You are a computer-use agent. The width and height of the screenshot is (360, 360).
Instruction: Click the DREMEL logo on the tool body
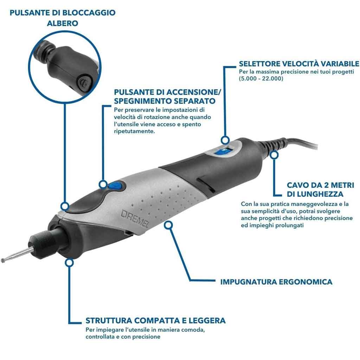click(x=135, y=218)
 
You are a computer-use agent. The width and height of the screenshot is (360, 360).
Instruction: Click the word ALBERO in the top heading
click(x=63, y=23)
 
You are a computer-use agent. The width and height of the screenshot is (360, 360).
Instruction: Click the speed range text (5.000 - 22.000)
click(x=261, y=78)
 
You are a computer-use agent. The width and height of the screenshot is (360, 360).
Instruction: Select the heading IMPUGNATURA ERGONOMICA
click(x=276, y=282)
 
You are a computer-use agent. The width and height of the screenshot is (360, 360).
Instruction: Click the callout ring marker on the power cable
click(x=274, y=155)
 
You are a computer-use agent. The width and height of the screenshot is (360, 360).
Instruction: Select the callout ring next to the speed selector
click(x=225, y=140)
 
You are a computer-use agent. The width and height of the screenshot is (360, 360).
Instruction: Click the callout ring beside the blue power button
click(x=103, y=184)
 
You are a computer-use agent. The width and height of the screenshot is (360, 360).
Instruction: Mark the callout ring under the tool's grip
click(x=168, y=225)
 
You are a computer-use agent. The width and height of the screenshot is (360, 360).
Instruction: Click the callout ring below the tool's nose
click(x=69, y=262)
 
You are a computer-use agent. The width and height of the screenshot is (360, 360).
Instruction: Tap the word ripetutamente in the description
click(x=134, y=131)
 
